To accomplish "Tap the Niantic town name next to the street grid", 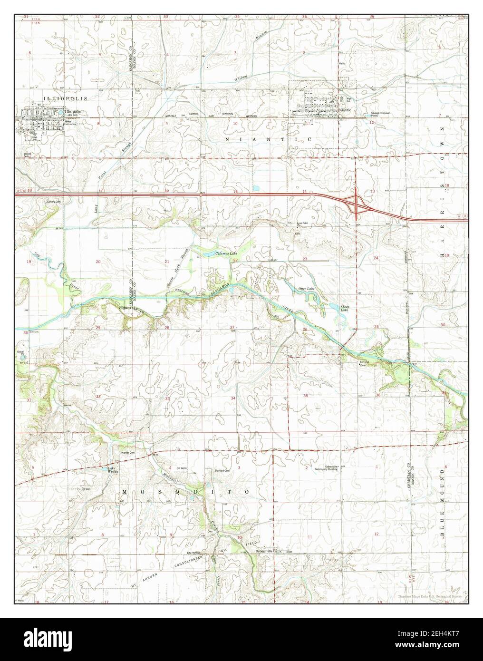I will [345, 110].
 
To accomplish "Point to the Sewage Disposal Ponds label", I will [380, 114].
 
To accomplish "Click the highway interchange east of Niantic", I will [356, 202].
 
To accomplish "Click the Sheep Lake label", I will [345, 308].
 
